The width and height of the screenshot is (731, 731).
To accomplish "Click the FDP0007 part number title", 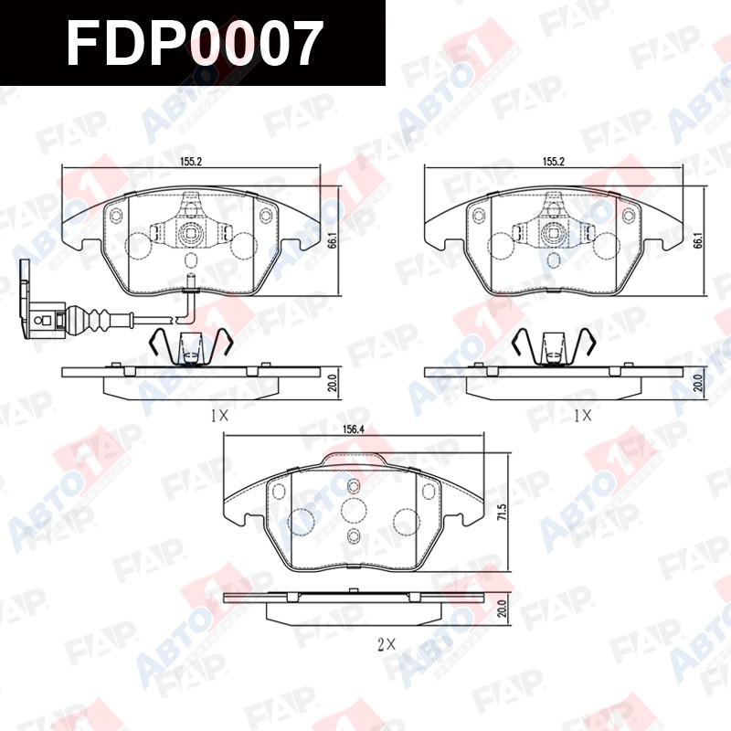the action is [195, 43].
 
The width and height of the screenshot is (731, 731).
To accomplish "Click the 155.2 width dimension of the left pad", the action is [191, 162].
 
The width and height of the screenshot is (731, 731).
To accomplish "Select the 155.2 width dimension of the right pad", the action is [554, 162].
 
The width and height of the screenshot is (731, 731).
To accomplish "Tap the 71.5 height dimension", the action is [502, 513].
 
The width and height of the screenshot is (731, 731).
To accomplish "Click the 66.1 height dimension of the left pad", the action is [332, 240].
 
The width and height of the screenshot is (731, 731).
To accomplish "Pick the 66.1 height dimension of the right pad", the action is [697, 240].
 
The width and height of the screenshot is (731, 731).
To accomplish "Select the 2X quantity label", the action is [387, 645].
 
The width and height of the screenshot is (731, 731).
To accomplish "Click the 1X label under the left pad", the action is [219, 416].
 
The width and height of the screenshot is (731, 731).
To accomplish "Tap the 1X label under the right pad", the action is [583, 416].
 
